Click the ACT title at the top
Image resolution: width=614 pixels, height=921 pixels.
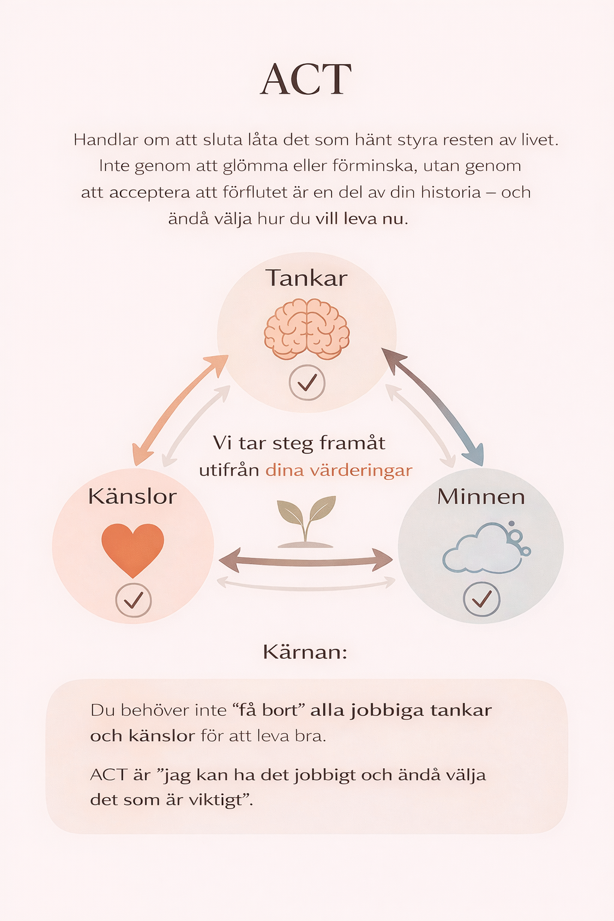(306, 80)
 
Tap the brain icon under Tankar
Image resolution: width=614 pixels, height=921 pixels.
(306, 329)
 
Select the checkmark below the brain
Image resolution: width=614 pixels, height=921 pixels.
(307, 382)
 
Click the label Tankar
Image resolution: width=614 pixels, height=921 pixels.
(306, 278)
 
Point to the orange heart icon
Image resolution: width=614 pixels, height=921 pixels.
(133, 548)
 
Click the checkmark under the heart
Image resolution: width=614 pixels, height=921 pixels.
(133, 600)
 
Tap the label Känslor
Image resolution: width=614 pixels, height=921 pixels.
(133, 496)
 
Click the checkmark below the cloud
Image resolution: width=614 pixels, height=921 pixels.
(481, 599)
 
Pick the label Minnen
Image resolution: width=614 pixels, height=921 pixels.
(481, 496)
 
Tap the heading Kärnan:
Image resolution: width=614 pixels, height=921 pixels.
(305, 652)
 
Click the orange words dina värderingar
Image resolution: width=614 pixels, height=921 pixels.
(339, 470)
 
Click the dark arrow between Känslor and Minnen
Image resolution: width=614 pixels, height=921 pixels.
(306, 561)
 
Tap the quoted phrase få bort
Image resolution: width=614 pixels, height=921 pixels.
(269, 711)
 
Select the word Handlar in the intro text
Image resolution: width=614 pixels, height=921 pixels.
(106, 140)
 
